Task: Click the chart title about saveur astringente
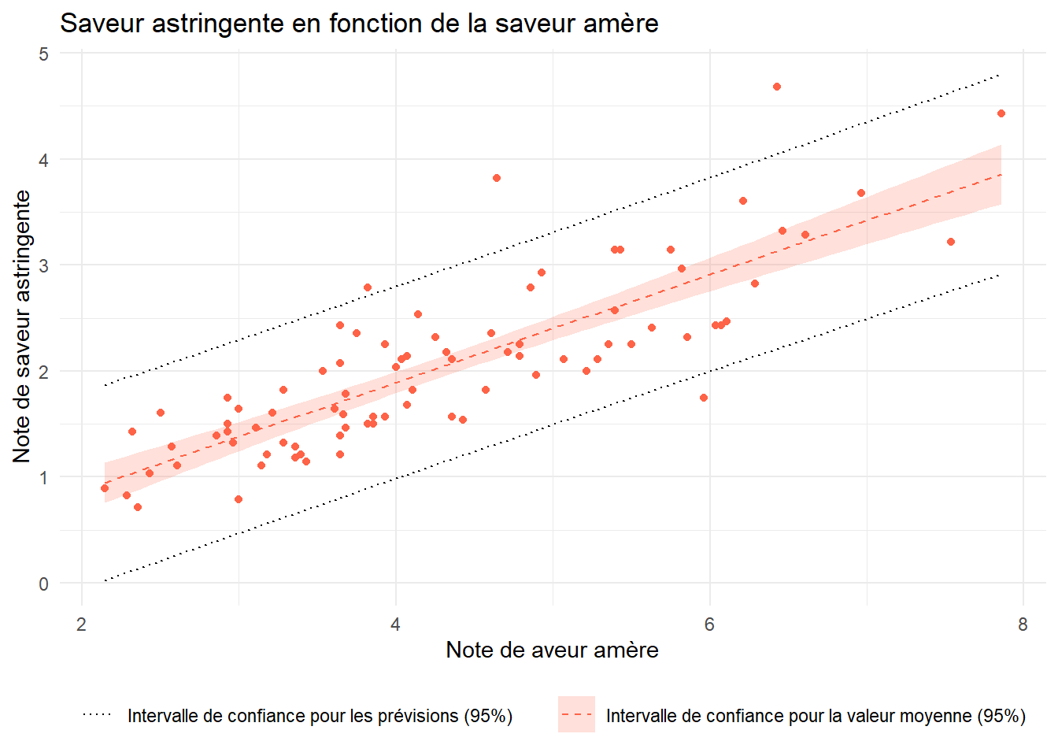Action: (x=359, y=24)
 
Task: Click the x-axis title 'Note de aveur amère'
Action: (x=552, y=650)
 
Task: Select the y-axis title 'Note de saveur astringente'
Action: (x=22, y=326)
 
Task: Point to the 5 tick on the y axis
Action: (x=43, y=54)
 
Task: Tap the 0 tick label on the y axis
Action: (x=43, y=584)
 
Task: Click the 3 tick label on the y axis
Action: (x=43, y=265)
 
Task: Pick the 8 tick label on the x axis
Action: (x=1023, y=625)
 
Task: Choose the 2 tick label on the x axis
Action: (x=82, y=625)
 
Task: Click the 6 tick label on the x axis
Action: (x=709, y=625)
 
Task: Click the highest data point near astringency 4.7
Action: (x=777, y=87)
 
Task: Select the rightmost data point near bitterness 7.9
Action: (x=1001, y=113)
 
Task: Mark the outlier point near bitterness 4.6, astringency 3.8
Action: (x=497, y=178)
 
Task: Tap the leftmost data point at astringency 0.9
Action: (x=105, y=488)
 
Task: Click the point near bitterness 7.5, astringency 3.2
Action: (x=951, y=242)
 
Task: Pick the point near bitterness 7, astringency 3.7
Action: (x=861, y=193)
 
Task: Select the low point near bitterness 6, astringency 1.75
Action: (x=704, y=398)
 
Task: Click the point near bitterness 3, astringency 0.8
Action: (x=239, y=499)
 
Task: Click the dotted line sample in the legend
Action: (x=98, y=715)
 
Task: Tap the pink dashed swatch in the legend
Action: (x=576, y=715)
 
